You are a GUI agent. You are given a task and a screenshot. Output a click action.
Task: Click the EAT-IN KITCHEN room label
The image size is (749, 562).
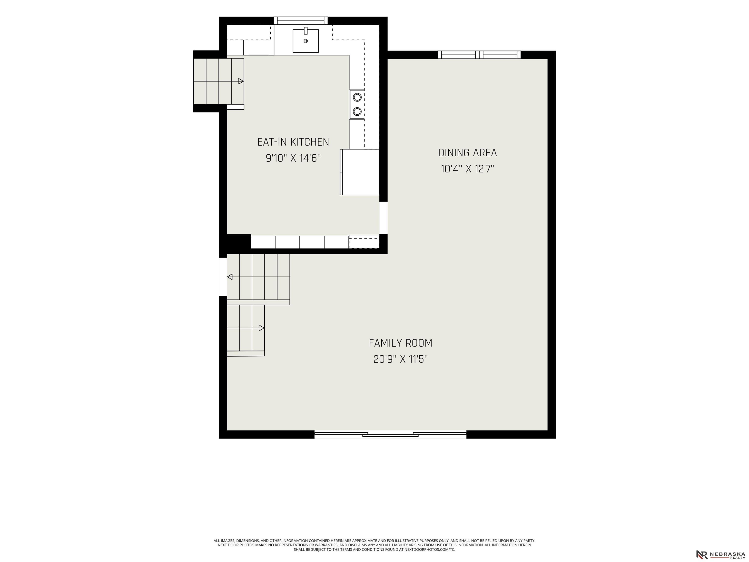(293, 142)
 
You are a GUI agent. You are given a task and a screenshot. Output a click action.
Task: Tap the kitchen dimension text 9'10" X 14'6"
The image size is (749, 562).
(293, 158)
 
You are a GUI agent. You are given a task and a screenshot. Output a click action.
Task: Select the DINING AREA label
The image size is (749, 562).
(468, 153)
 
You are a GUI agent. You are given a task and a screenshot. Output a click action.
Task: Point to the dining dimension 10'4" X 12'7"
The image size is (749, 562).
(468, 169)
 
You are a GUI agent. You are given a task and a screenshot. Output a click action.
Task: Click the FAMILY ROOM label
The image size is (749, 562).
(401, 343)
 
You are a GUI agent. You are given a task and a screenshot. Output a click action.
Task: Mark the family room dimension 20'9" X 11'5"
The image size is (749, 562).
(401, 359)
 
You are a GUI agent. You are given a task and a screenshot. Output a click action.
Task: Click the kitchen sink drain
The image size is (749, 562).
(306, 41)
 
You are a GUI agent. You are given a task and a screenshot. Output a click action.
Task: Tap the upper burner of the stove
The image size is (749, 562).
(357, 98)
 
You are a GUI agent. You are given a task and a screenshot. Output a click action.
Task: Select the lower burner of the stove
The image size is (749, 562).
(357, 111)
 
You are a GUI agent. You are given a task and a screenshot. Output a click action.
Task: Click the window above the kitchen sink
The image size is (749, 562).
(301, 21)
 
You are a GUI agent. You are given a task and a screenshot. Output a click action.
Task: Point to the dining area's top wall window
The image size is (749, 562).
(479, 55)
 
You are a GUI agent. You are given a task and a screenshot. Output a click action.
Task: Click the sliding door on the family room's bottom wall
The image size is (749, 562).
(390, 434)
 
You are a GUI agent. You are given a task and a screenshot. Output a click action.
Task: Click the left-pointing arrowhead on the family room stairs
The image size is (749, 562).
(230, 277)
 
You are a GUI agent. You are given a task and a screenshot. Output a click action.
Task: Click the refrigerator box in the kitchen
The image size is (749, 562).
(360, 172)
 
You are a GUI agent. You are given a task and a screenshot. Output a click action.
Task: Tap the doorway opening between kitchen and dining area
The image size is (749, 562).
(383, 218)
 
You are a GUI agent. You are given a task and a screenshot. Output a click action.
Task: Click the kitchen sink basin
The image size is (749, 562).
(306, 41)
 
